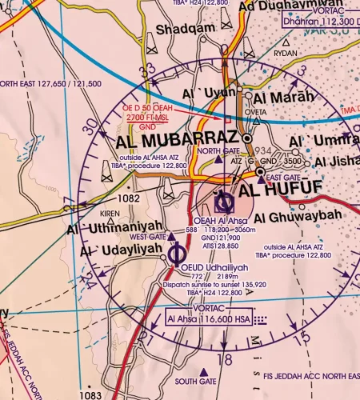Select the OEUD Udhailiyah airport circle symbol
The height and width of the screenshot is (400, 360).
click(178, 254)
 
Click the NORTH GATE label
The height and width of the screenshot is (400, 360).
click(218, 151)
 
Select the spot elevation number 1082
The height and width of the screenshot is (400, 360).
click(128, 197)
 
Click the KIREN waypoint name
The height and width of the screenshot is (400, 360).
click(109, 214)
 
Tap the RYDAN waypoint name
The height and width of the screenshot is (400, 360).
click(286, 52)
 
